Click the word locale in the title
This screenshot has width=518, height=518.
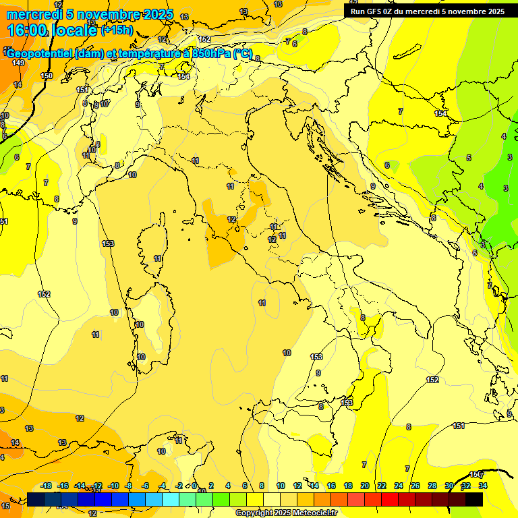73,30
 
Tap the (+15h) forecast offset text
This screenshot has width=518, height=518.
117,30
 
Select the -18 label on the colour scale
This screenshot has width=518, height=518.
47,486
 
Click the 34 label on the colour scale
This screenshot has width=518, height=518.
483,486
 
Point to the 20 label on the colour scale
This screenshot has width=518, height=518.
365,486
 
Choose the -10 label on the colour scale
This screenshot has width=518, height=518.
113,486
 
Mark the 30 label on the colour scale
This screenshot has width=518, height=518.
449,486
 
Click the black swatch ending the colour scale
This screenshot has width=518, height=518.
474,499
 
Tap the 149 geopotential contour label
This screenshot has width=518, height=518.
18,63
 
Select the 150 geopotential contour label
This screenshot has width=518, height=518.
46,76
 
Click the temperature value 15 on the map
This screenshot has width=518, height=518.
5,506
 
